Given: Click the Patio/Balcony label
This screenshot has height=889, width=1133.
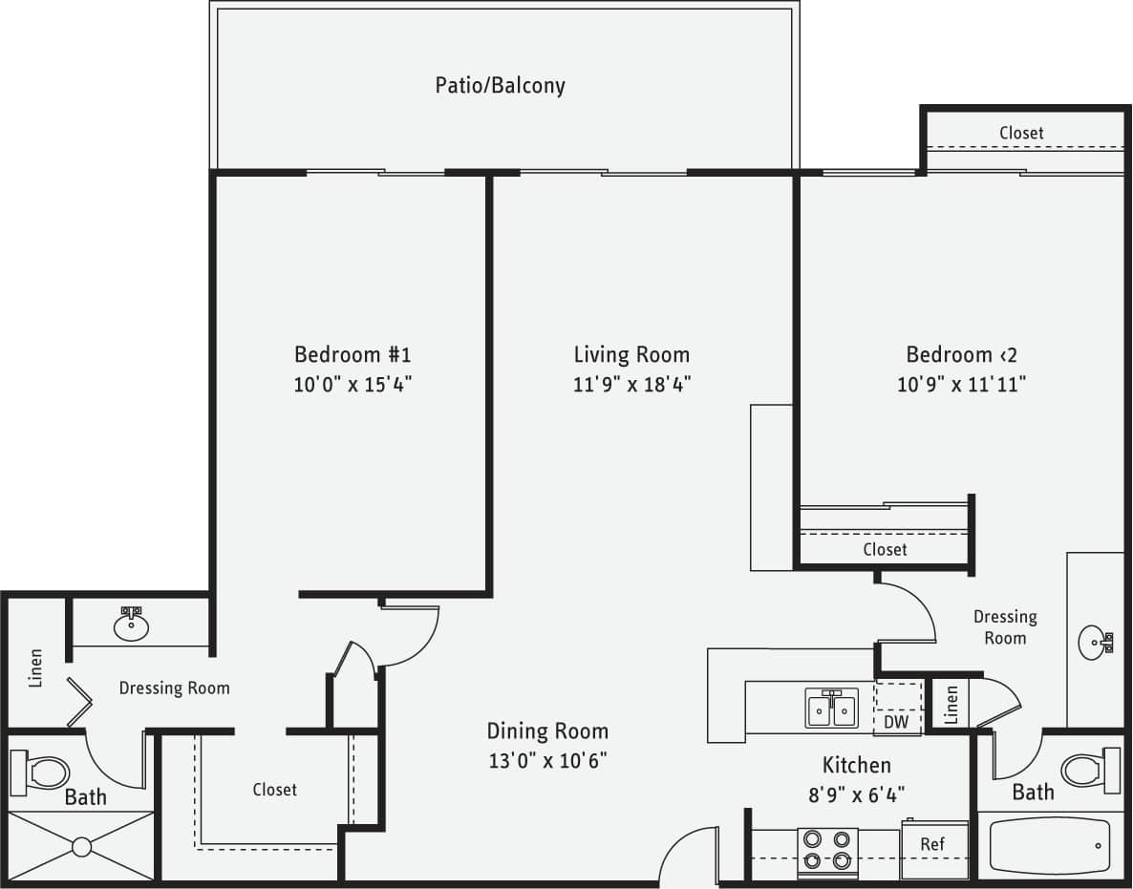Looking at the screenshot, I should point(500,85).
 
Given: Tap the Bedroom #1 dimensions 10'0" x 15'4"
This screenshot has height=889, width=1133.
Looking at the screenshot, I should point(353,385).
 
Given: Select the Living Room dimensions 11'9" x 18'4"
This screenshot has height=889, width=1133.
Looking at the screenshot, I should point(631,385).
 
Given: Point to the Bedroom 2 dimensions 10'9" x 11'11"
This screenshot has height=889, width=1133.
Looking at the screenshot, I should point(962,385).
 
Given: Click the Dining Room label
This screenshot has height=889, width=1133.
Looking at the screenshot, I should point(547,731).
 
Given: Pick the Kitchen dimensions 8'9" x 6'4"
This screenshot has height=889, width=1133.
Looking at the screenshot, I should point(857,793).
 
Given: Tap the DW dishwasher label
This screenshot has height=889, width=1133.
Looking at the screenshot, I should point(896,722).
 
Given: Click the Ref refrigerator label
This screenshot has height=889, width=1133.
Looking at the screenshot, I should point(932,844).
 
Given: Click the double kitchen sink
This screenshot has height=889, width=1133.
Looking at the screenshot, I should point(831,709).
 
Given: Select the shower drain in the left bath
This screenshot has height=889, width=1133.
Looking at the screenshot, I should point(81,846).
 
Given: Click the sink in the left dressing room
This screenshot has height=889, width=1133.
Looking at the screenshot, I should point(130,625).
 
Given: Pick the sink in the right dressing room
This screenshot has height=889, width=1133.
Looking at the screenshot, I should point(1094,643).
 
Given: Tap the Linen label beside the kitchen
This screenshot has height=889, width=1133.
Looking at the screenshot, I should point(951,705).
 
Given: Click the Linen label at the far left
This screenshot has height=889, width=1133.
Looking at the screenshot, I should point(36,667).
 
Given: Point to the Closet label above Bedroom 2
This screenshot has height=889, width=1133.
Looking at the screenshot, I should point(1021,133).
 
